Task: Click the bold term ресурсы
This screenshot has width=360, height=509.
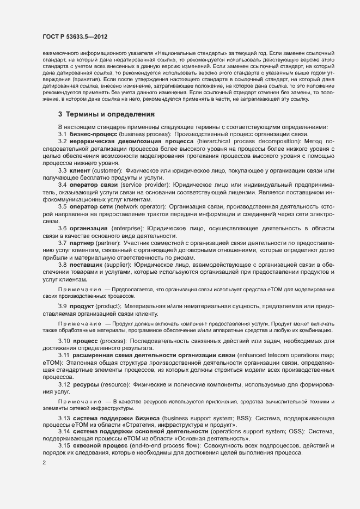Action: point(86,384)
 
